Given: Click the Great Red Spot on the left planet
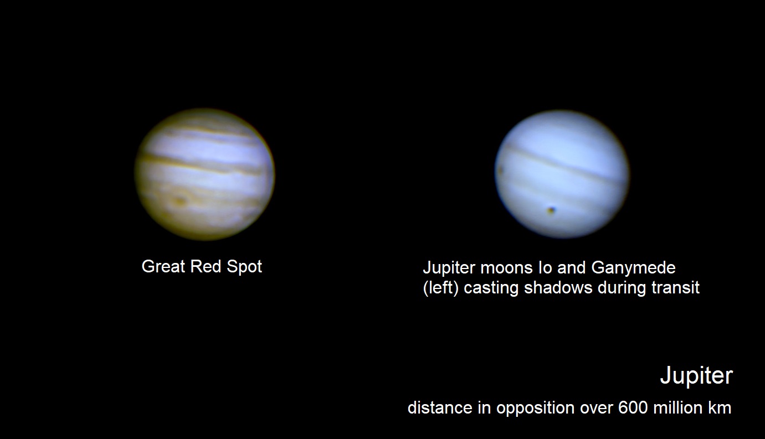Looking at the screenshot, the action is point(179,201).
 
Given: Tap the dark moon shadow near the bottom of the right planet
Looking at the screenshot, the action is point(551,210).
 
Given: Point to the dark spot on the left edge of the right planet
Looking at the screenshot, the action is point(500,170).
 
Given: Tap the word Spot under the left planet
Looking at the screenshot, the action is point(244,267).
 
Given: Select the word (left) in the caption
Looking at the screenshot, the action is point(440,288).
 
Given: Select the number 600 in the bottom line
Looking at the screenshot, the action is point(633,407).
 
